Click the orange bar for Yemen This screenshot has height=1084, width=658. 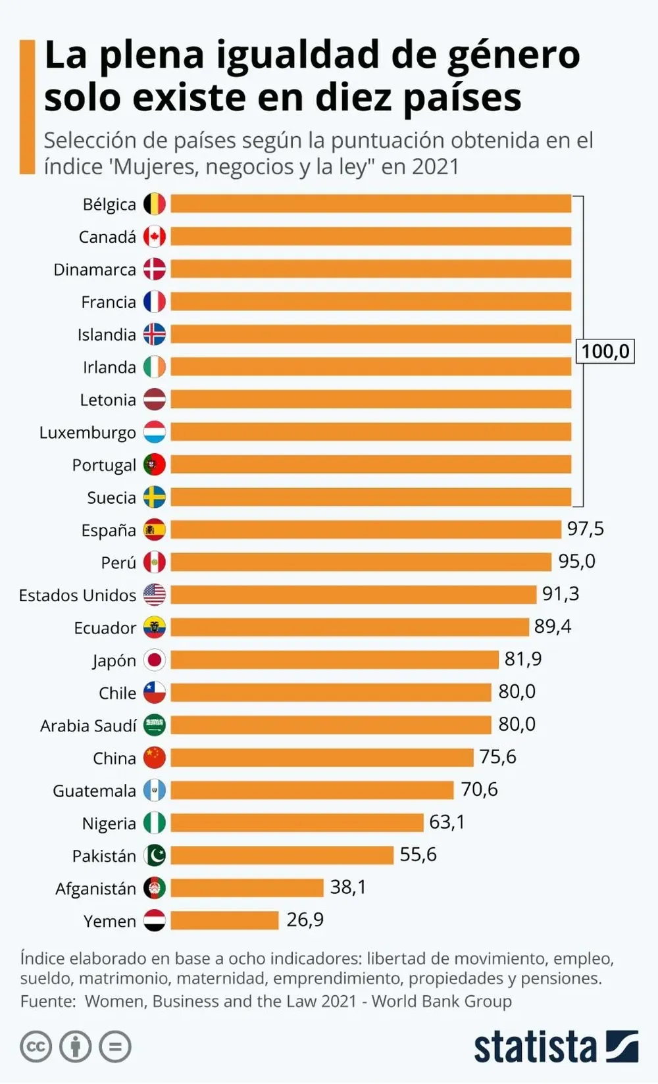(224, 920)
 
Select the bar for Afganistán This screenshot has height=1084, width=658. (247, 887)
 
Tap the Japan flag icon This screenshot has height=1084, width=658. (155, 660)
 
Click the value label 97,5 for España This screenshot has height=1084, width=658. (585, 529)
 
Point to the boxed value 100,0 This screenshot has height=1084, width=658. (605, 351)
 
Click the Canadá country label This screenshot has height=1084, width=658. (107, 237)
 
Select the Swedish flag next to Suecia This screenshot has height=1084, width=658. (155, 497)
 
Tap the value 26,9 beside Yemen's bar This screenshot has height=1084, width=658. (305, 920)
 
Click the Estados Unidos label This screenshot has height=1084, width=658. (77, 595)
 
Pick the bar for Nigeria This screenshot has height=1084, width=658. (297, 822)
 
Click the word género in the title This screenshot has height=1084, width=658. (513, 55)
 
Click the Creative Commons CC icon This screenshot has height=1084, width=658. (36, 1047)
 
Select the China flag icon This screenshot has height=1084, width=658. (155, 758)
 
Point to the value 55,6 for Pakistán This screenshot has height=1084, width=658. (418, 854)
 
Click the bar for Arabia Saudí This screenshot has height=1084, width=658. (331, 725)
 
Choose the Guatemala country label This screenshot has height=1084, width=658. (94, 791)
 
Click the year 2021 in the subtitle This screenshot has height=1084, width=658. (435, 167)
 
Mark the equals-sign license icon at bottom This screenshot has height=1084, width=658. (116, 1047)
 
